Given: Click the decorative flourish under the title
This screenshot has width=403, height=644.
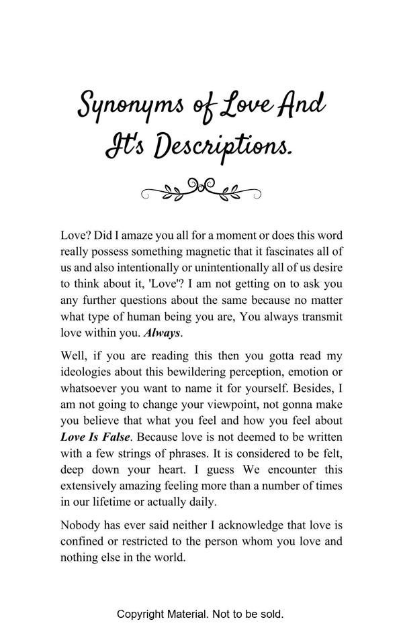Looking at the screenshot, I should (x=201, y=189).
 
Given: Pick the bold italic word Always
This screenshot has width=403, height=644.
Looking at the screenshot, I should (x=163, y=332).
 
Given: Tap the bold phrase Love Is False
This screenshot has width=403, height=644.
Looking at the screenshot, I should (x=91, y=437).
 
